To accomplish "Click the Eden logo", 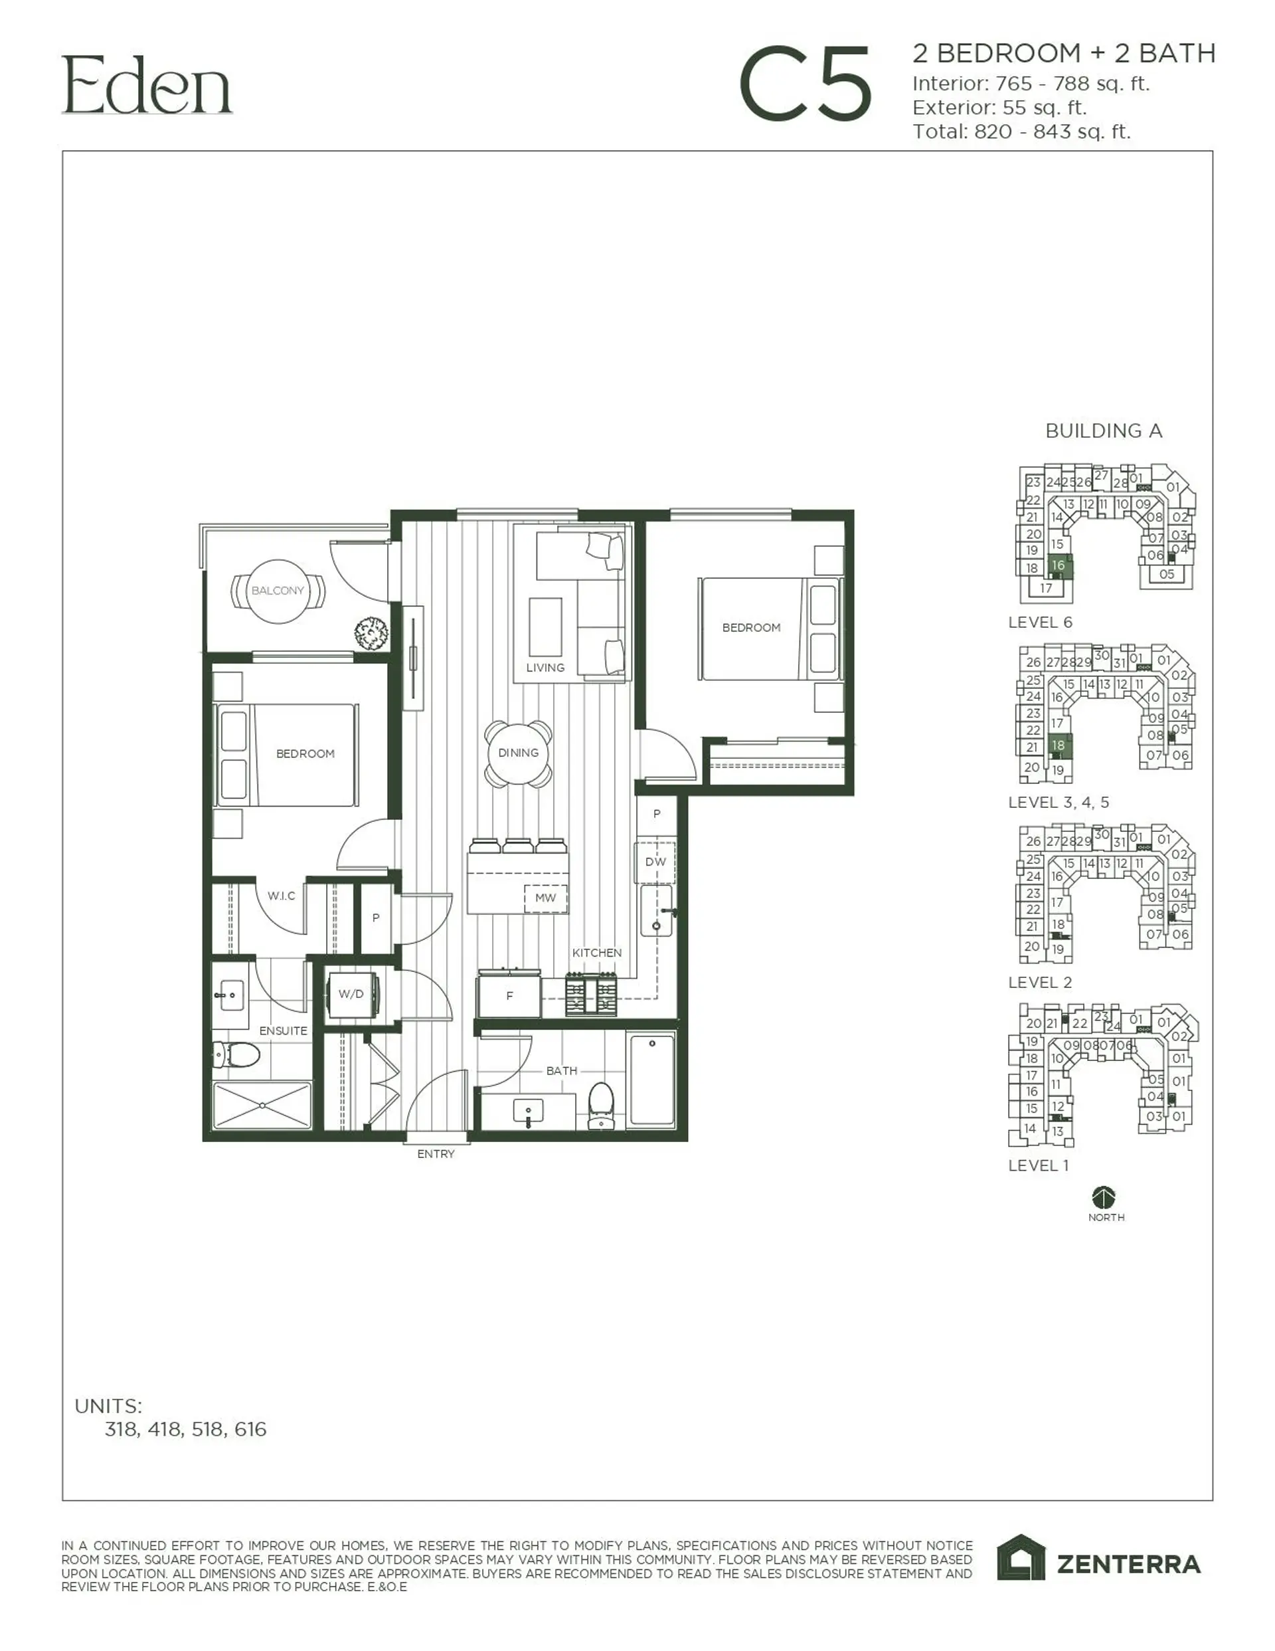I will [147, 86].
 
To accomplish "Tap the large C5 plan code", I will [806, 84].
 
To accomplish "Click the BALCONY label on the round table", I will [278, 591].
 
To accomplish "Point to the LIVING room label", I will [545, 668].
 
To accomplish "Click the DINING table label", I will [519, 753].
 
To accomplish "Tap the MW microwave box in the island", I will [546, 898].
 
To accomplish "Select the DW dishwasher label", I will [655, 862].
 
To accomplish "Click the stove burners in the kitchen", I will [591, 993].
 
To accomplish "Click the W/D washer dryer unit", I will [351, 994].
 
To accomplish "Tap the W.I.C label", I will [281, 896].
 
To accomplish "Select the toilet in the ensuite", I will [236, 1054].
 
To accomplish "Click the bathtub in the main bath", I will [651, 1081].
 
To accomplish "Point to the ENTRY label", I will [436, 1153].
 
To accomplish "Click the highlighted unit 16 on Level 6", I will [1059, 565].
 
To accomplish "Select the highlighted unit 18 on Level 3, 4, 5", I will [1059, 745].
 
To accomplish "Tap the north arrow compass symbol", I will [1104, 1197].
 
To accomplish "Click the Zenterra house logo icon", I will [1020, 1557].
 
